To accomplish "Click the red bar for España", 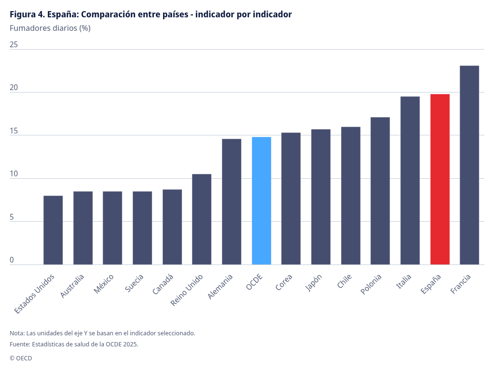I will pyautogui.click(x=440, y=179).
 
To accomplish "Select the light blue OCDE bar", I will pyautogui.click(x=261, y=201).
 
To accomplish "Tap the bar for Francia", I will pyautogui.click(x=469, y=165).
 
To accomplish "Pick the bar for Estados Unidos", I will pyautogui.click(x=53, y=230).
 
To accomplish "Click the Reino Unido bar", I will pyautogui.click(x=202, y=219).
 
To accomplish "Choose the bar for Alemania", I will pyautogui.click(x=232, y=202).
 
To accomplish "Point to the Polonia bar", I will pyautogui.click(x=380, y=191).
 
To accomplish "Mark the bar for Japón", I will pyautogui.click(x=321, y=197).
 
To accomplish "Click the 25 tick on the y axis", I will pyautogui.click(x=14, y=45).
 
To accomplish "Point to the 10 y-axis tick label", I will pyautogui.click(x=14, y=174).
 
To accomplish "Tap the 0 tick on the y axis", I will pyautogui.click(x=12, y=260).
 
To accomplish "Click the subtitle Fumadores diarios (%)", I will pyautogui.click(x=50, y=28).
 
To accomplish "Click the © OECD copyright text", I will pyautogui.click(x=21, y=358).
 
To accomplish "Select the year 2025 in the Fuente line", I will pyautogui.click(x=129, y=344).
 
